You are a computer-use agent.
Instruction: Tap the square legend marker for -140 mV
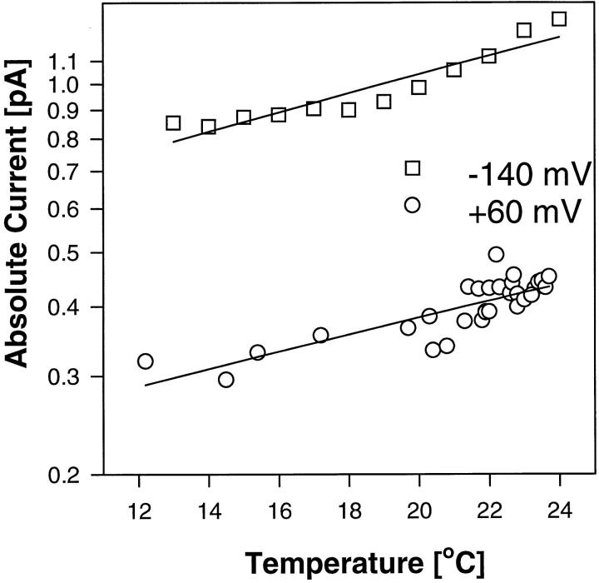412,168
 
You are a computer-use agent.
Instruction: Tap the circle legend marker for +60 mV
412,205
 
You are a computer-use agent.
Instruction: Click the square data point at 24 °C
559,19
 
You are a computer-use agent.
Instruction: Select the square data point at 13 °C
173,122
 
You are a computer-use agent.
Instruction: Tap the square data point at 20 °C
418,87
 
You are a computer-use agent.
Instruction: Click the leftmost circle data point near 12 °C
146,361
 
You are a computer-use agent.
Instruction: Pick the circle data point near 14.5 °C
226,380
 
